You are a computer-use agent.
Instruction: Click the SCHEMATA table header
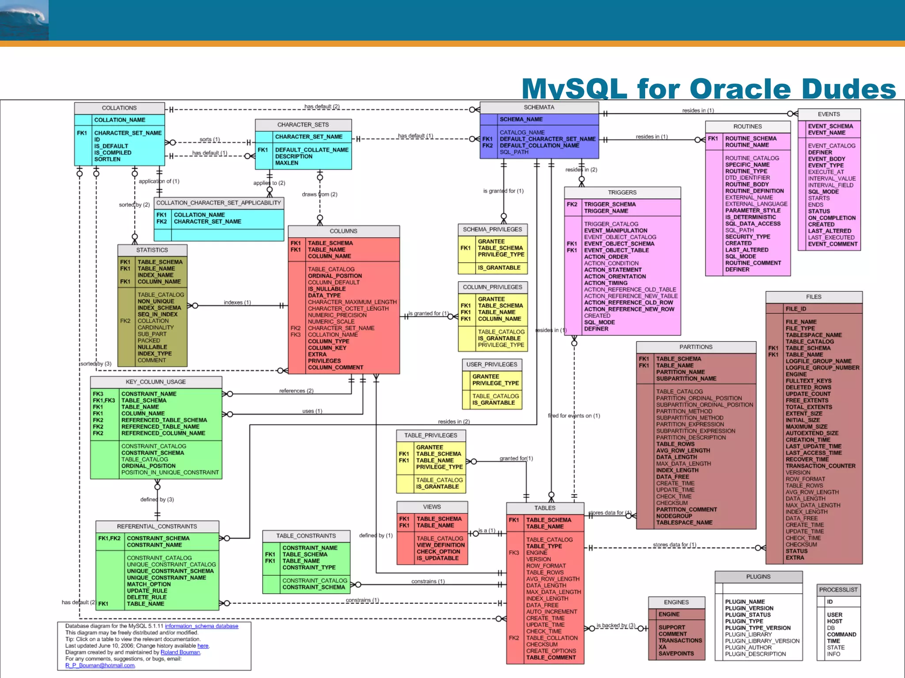539,107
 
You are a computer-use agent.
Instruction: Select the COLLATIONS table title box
119,108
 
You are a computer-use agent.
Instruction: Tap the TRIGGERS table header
622,192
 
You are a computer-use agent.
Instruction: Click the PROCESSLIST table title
838,590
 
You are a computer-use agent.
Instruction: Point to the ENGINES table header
676,602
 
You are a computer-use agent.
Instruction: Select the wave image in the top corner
24,20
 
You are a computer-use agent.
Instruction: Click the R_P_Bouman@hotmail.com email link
100,666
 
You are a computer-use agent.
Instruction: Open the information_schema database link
202,626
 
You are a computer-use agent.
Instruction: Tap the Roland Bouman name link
180,652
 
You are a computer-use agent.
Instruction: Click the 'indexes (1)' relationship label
237,302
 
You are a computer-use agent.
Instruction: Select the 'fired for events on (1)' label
574,416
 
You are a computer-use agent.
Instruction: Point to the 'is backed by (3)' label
616,625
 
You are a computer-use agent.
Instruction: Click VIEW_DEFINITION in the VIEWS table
440,545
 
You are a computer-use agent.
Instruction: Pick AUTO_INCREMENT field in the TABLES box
551,612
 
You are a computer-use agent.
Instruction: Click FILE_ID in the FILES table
795,309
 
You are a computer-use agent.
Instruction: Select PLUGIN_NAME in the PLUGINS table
745,602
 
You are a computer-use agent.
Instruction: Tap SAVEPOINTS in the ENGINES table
676,654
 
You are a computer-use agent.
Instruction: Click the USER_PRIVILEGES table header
491,365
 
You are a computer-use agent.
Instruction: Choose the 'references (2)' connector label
296,391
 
